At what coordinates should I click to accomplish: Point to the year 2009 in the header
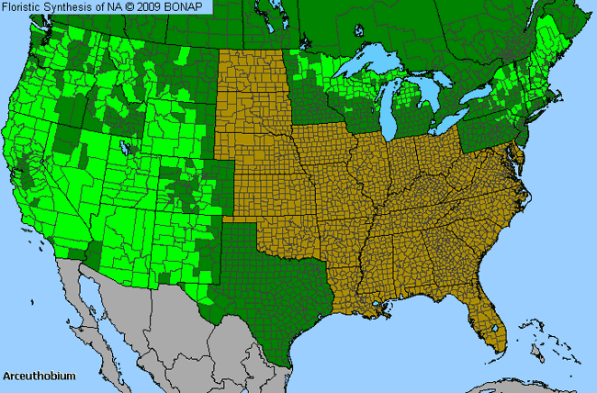point(152,7)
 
